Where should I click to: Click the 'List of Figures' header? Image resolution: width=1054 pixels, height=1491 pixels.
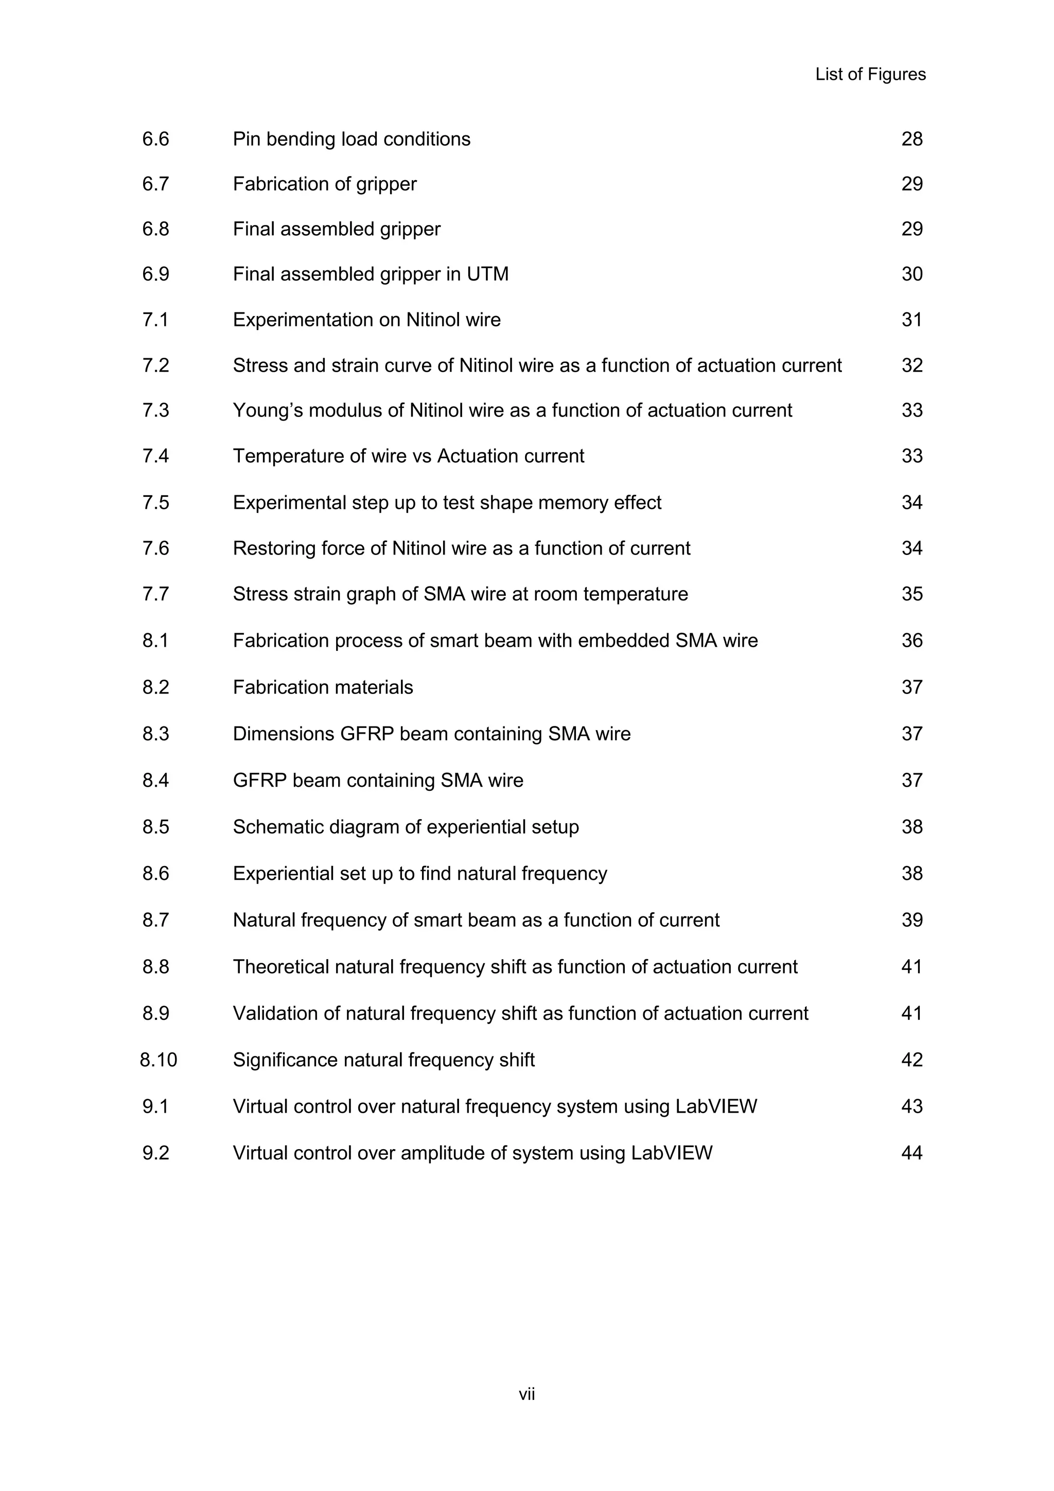[x=870, y=75]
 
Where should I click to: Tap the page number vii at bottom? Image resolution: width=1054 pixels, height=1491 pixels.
[x=526, y=1394]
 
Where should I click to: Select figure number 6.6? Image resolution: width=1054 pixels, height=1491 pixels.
[x=156, y=139]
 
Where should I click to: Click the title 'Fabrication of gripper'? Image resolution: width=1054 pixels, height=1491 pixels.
[x=325, y=184]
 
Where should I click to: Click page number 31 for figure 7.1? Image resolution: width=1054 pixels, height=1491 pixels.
[x=911, y=320]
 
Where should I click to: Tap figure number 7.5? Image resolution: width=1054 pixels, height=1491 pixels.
[x=156, y=502]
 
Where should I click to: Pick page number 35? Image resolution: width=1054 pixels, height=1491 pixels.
[x=911, y=594]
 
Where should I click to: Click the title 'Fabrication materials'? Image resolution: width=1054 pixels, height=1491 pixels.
[x=323, y=687]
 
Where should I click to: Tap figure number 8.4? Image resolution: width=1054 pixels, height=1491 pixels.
[x=156, y=781]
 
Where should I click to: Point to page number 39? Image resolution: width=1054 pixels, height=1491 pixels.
[x=911, y=920]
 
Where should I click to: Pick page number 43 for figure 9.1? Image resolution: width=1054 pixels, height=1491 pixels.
[x=911, y=1106]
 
